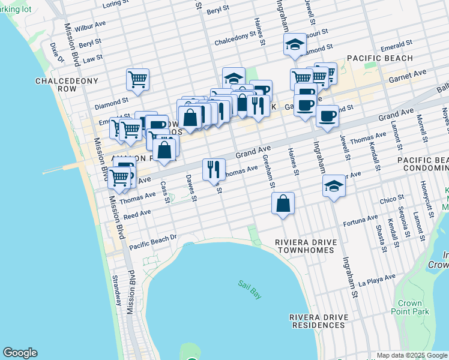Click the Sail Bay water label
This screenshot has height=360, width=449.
click(247, 284)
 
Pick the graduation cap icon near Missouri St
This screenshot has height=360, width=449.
click(295, 44)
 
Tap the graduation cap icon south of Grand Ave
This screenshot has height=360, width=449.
click(334, 185)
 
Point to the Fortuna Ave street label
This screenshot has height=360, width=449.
click(360, 221)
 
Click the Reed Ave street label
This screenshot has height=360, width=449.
click(137, 214)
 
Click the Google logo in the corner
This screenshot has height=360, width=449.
click(20, 353)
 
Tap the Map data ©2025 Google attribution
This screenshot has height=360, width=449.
click(411, 355)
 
